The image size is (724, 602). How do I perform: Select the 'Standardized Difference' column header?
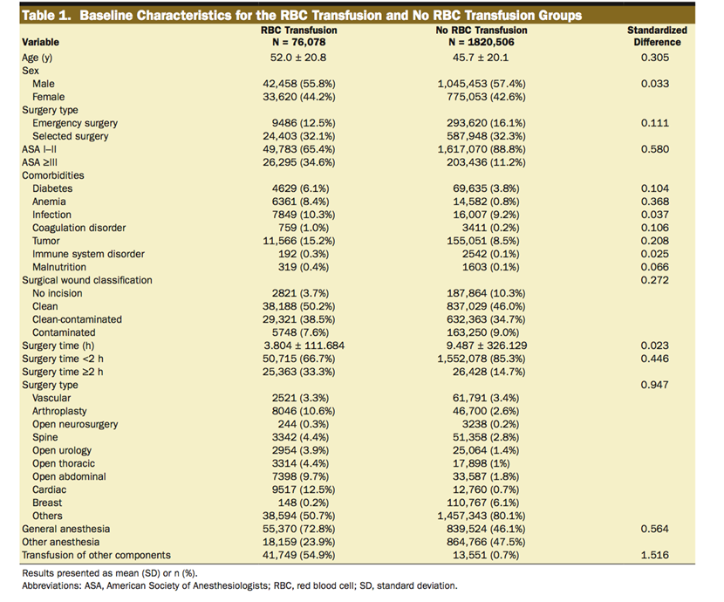click(657, 36)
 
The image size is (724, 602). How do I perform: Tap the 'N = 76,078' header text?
click(299, 41)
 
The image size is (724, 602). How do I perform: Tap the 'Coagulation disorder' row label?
click(79, 228)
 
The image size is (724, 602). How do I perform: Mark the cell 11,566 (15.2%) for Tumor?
click(299, 241)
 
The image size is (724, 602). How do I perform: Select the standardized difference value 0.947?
click(655, 385)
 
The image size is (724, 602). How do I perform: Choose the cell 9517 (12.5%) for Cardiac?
click(299, 489)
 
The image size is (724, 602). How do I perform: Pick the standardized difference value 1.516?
click(655, 555)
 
